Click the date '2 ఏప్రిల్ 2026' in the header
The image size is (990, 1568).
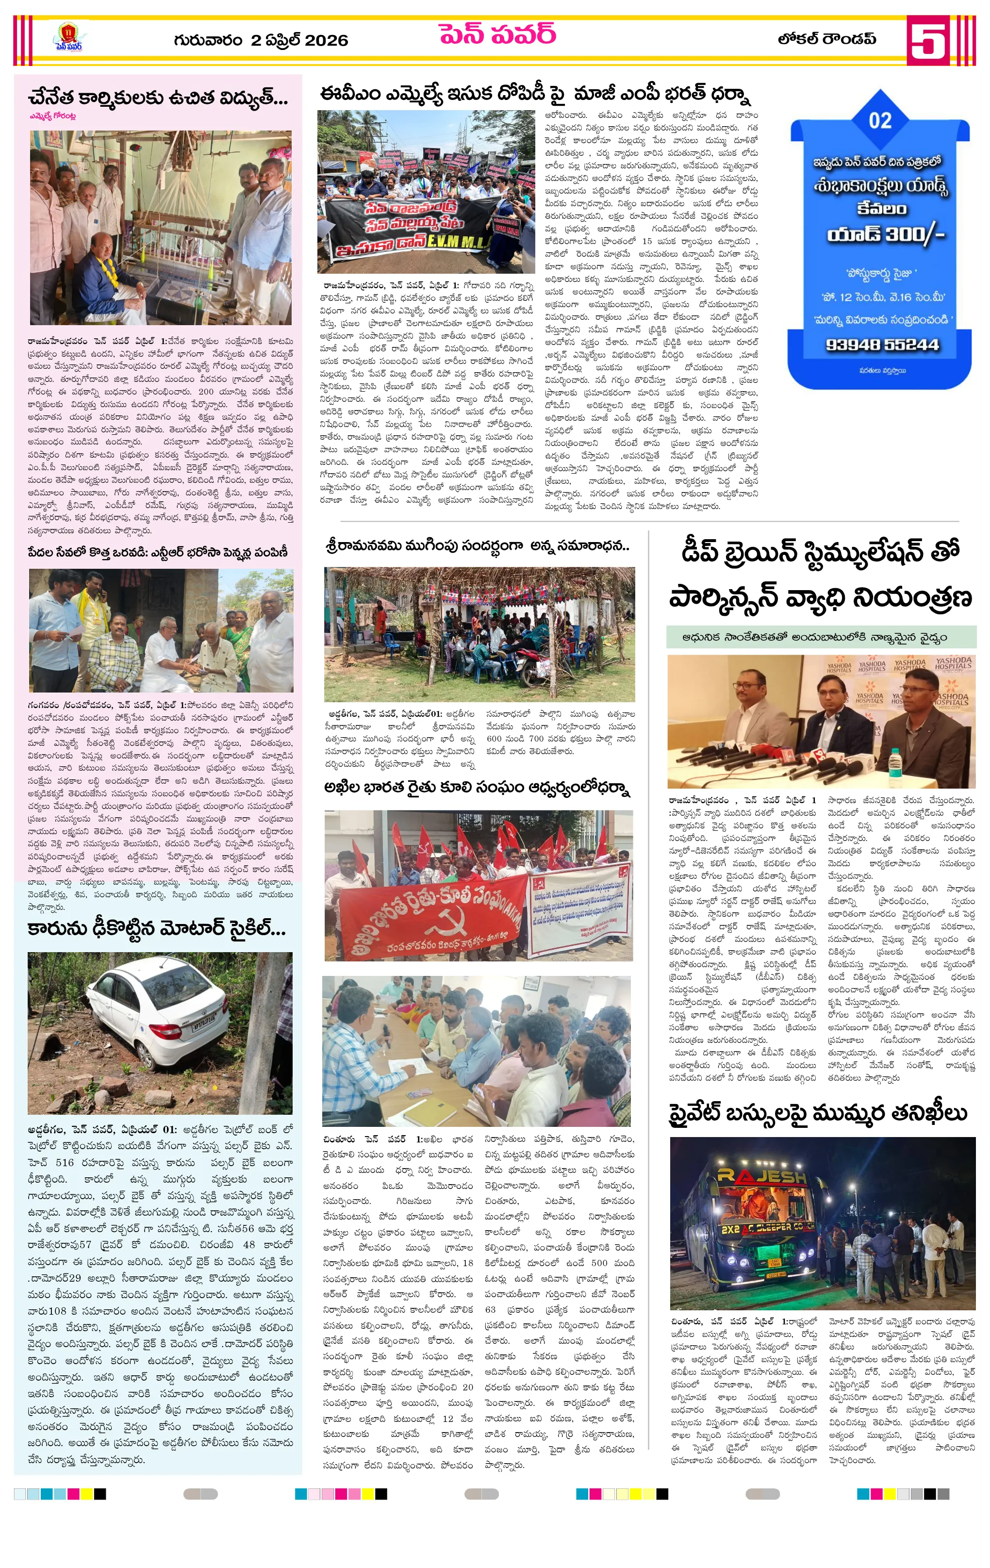(x=299, y=40)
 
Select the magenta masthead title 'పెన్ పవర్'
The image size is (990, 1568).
(x=497, y=34)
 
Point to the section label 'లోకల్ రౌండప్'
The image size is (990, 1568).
(x=826, y=39)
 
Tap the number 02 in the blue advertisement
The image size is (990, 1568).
(x=880, y=120)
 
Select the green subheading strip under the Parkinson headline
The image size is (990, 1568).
(x=821, y=637)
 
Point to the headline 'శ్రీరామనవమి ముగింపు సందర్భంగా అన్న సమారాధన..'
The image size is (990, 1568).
(x=478, y=545)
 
